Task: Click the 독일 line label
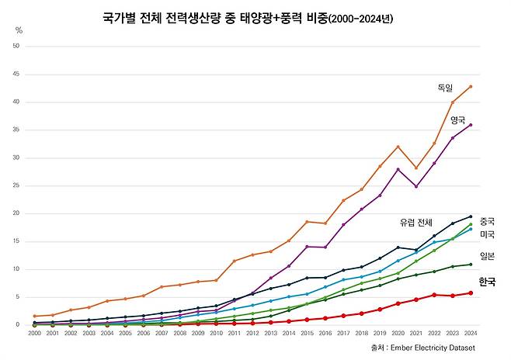(444, 89)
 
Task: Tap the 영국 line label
(457, 120)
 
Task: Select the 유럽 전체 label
(416, 223)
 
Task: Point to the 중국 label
(488, 221)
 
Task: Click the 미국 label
(488, 234)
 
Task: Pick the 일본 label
(488, 256)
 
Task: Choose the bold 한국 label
(487, 282)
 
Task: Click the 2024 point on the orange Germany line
(471, 86)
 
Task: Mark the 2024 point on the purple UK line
(471, 125)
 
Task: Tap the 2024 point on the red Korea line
(471, 292)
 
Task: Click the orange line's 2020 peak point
(398, 147)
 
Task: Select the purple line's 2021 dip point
(416, 186)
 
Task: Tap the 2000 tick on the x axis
(34, 333)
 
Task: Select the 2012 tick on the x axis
(252, 333)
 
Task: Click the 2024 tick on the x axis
(471, 333)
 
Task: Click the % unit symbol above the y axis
(19, 30)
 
